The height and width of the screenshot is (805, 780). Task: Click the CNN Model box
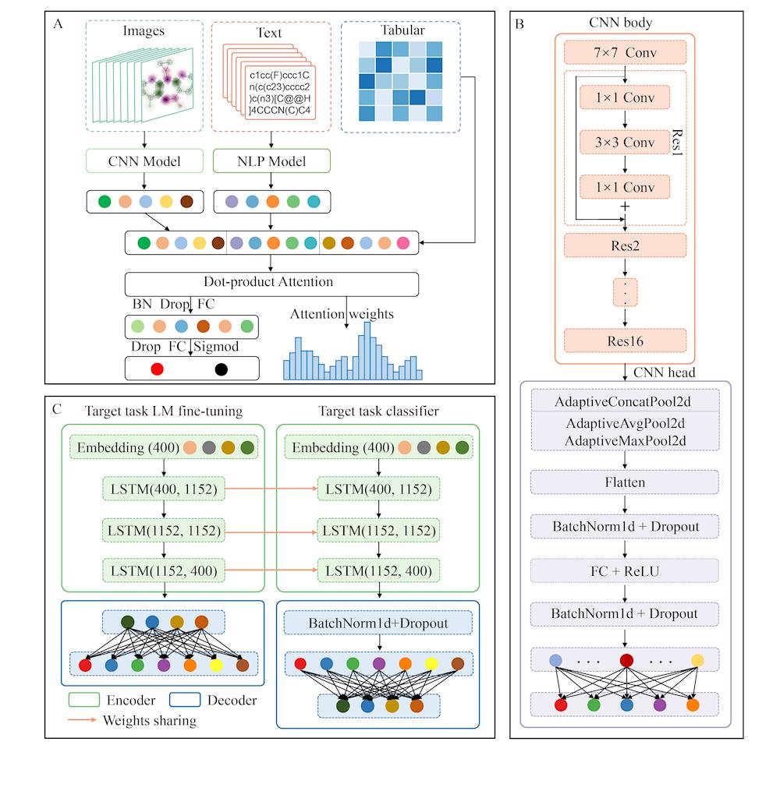tap(144, 162)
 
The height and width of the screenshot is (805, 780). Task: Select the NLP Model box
tap(270, 162)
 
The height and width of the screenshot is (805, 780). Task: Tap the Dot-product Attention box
tap(271, 283)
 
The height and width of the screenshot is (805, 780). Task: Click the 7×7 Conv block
tap(625, 53)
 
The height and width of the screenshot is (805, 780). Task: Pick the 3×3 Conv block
tap(625, 143)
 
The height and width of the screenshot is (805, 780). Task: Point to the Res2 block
tap(625, 246)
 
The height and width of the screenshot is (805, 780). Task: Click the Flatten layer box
tap(625, 482)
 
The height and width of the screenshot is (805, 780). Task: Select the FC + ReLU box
tap(625, 570)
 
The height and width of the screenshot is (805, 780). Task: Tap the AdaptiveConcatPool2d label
tap(625, 402)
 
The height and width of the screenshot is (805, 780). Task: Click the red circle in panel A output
tap(157, 369)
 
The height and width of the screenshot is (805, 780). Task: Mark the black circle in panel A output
tap(222, 369)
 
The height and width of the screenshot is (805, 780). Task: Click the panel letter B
tap(520, 23)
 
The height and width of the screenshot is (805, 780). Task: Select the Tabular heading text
tap(403, 30)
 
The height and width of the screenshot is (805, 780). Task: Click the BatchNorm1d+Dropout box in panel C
tap(378, 623)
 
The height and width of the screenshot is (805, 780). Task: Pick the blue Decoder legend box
tap(184, 700)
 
